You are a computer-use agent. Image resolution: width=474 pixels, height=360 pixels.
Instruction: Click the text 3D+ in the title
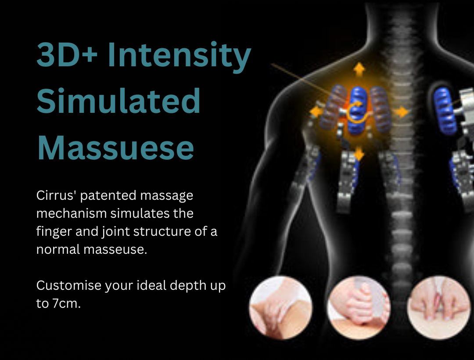pyautogui.click(x=67, y=55)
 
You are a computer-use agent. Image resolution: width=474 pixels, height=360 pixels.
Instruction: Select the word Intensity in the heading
pyautogui.click(x=179, y=57)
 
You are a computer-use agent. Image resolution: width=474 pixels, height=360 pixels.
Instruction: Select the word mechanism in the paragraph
pyautogui.click(x=72, y=213)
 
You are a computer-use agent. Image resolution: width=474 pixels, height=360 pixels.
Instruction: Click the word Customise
pyautogui.click(x=68, y=285)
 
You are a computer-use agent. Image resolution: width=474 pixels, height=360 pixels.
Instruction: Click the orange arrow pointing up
pyautogui.click(x=359, y=69)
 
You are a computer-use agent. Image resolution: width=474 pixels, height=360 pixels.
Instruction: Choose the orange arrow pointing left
pyautogui.click(x=316, y=112)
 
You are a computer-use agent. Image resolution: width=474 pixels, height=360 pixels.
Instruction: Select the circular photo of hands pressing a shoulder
pyautogui.click(x=281, y=308)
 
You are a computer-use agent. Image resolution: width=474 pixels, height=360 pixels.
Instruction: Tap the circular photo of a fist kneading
pyautogui.click(x=359, y=308)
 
